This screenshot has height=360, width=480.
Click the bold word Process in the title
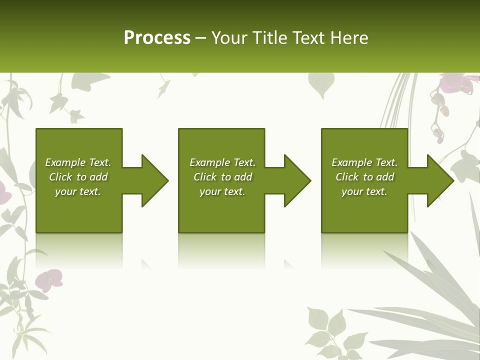pyautogui.click(x=157, y=38)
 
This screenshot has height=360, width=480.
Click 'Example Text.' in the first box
pyautogui.click(x=78, y=162)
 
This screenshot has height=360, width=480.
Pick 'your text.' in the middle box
pyautogui.click(x=222, y=191)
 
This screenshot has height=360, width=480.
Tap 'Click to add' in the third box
pyautogui.click(x=364, y=177)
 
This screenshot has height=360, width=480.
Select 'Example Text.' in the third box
pyautogui.click(x=364, y=162)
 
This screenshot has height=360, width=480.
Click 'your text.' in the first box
pyautogui.click(x=78, y=191)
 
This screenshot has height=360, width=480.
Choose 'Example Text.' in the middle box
pyautogui.click(x=222, y=162)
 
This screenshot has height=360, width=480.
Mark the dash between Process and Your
pyautogui.click(x=200, y=38)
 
